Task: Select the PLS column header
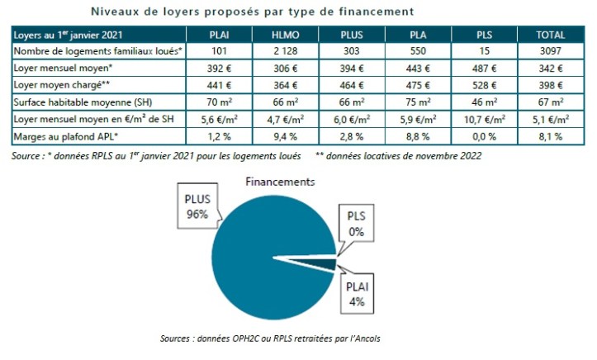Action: click(484, 36)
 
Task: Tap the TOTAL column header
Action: click(550, 36)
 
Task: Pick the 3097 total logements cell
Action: click(550, 52)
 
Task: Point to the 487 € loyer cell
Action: click(484, 69)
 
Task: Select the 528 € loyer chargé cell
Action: click(484, 86)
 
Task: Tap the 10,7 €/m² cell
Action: click(484, 119)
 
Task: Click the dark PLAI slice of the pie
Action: click(327, 263)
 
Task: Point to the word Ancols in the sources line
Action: click(363, 339)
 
